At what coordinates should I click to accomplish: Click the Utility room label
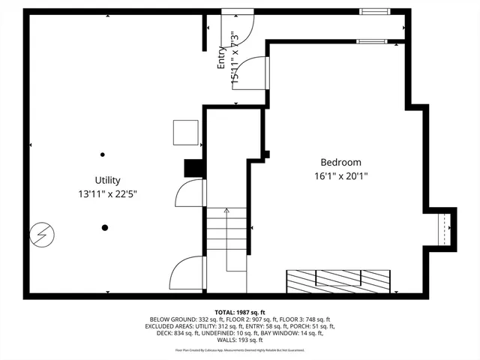pos(107,180)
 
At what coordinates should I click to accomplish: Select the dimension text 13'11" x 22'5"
pos(107,193)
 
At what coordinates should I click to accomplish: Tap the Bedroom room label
pos(340,162)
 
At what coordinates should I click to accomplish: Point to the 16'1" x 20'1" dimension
pos(340,176)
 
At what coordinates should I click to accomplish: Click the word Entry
pos(222,58)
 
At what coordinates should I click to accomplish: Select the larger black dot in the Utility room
pos(105,227)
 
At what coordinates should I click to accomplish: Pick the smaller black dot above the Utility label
pos(103,154)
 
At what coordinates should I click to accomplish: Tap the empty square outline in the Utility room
pos(185,133)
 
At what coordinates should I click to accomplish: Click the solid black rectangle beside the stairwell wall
pos(194,169)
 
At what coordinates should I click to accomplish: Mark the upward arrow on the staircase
pos(226,214)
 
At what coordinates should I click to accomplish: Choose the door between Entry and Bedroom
pos(259,73)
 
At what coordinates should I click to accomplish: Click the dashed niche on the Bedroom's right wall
pos(446,229)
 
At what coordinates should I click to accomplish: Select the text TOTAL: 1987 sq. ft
pos(240,313)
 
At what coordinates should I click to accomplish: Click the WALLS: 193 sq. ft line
pos(240,340)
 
